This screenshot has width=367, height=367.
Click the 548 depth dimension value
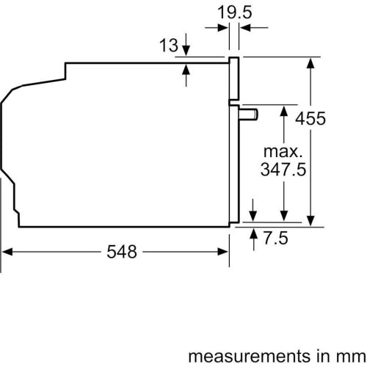pyautogui.click(x=121, y=252)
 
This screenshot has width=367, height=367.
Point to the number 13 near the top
pyautogui.click(x=169, y=46)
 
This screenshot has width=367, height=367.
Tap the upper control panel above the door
pyautogui.click(x=234, y=79)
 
